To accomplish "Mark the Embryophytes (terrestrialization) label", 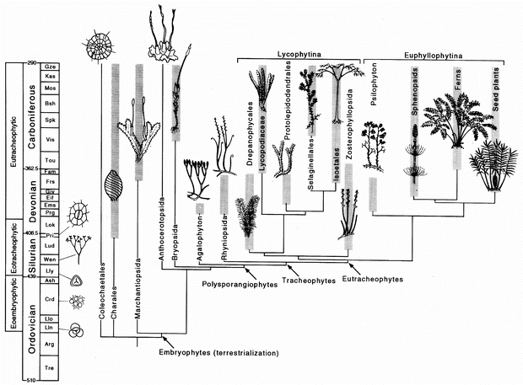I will tap(219, 351).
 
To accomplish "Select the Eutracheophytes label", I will tap(373, 275).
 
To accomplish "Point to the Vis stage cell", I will tap(51, 139).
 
